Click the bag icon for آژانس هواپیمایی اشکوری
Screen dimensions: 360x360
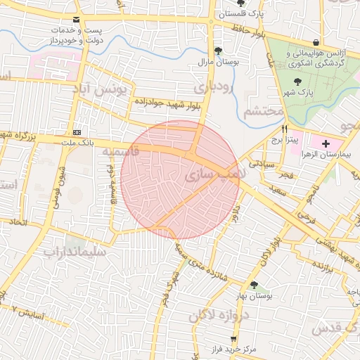click(x=315, y=43)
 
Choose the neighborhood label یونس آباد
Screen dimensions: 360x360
click(x=103, y=90)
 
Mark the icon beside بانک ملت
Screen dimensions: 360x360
click(x=76, y=132)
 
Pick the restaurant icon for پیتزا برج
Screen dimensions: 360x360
click(x=284, y=129)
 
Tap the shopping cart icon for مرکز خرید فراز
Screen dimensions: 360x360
click(x=233, y=338)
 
